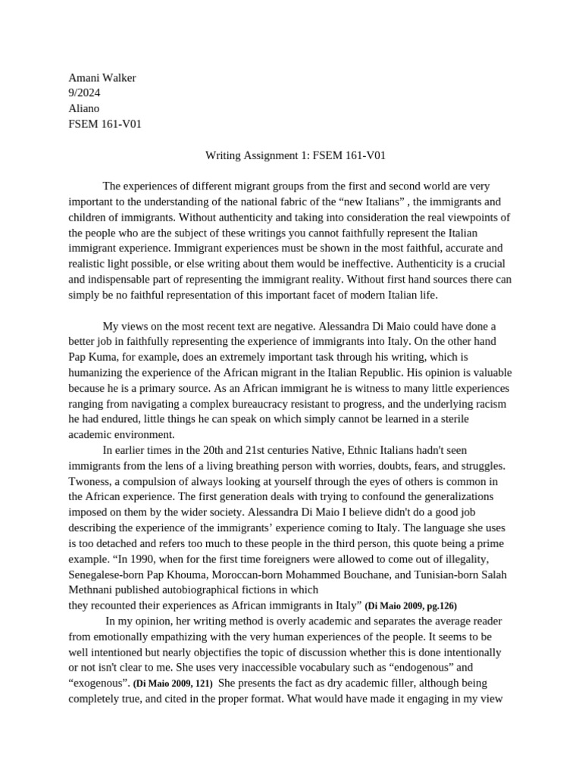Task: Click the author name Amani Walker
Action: [102, 77]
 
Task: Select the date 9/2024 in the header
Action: [84, 92]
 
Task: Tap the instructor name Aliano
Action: [85, 108]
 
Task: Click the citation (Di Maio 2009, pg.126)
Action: [411, 605]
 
